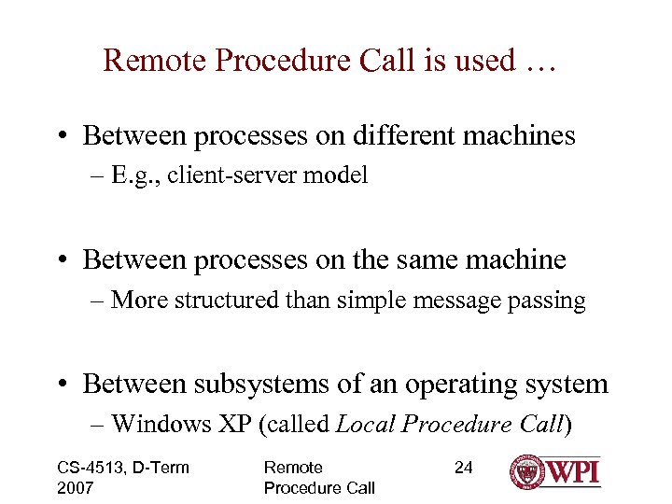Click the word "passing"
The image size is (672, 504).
pyautogui.click(x=546, y=301)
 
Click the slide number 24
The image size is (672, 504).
pyautogui.click(x=464, y=468)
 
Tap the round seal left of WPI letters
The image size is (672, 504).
pyautogui.click(x=528, y=471)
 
